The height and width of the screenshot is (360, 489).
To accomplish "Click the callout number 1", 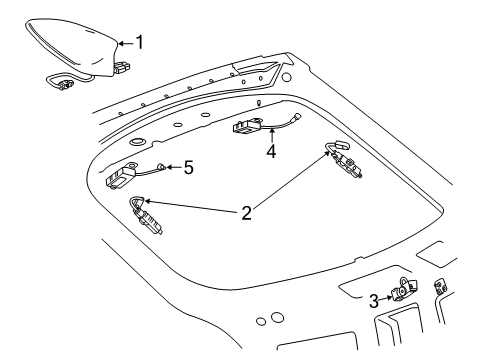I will [x=140, y=42].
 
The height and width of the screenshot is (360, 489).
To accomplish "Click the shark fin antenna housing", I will [x=75, y=45].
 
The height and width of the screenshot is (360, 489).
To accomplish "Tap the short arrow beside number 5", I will [x=174, y=167].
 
